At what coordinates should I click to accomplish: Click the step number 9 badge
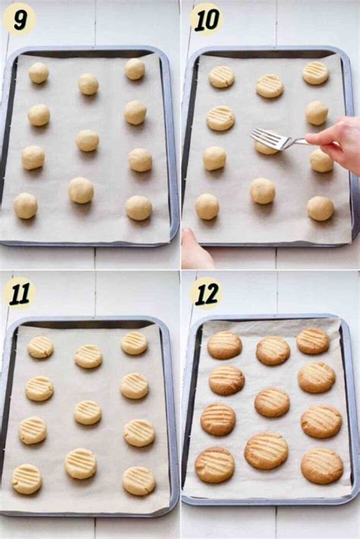(19, 19)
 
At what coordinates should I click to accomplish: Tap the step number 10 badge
(206, 19)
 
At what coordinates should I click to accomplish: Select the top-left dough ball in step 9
(39, 73)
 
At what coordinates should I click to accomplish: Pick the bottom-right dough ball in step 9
(138, 208)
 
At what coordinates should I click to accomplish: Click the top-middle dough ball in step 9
(88, 84)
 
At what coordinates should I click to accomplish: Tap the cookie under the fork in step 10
(266, 147)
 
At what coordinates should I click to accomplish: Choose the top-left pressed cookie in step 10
(222, 77)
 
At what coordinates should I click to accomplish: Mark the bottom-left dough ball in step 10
(207, 206)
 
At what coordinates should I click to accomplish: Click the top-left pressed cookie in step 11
(41, 347)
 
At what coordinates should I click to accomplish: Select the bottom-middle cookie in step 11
(81, 463)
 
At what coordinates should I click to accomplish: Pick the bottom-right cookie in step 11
(139, 481)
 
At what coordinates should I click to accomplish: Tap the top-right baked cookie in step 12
(313, 341)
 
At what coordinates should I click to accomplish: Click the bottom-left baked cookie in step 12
(214, 465)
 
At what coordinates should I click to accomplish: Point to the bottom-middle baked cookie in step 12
(266, 451)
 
